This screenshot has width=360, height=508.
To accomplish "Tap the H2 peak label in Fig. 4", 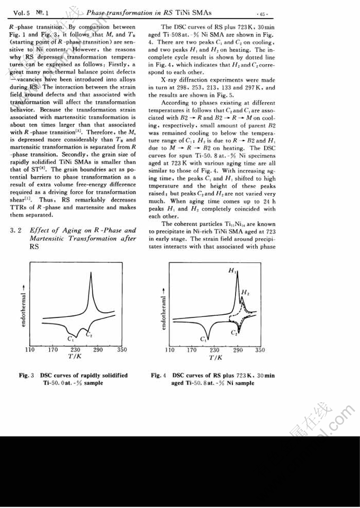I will click(245, 293).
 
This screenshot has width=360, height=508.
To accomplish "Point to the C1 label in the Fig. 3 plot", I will click(70, 337).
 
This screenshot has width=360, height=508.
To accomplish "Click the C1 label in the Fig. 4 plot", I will click(202, 339).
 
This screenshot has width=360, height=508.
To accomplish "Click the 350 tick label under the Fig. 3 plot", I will click(121, 350).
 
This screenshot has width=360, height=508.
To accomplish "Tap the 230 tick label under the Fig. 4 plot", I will click(215, 350).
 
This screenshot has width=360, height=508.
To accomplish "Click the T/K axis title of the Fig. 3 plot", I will click(75, 358).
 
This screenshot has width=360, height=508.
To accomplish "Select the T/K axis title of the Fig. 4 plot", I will click(215, 358).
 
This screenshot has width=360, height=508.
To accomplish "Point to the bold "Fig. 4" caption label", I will click(159, 375).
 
